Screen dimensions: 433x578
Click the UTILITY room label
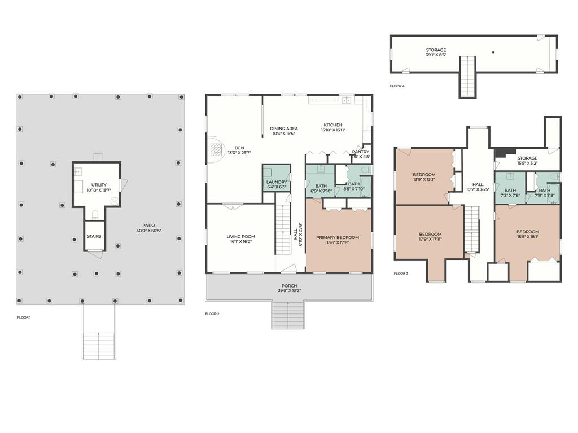pos(99,185)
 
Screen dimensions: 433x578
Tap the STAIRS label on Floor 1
pos(94,236)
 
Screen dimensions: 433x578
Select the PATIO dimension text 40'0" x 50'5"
pos(148,231)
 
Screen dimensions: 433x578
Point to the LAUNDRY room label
pos(277,182)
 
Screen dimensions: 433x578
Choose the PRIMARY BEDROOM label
pos(338,237)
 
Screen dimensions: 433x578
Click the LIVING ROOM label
pos(241,237)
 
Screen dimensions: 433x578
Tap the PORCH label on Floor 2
pos(289,286)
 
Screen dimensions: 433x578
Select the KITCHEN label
pos(332,125)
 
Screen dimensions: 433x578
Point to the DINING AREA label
pos(284,129)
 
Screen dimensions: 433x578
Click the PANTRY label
pos(360,152)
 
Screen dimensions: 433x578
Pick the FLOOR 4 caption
pos(397,86)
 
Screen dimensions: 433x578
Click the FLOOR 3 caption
pos(401,273)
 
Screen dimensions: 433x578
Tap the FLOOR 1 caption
pos(24,317)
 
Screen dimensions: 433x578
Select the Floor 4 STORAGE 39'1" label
pos(436,50)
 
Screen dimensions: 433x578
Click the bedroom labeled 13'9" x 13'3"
pos(424,175)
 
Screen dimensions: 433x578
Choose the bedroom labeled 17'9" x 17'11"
pos(430,234)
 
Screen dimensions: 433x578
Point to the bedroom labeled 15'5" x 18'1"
pos(527,232)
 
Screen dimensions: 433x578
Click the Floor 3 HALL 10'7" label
pos(478,184)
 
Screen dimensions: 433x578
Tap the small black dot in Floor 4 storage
pos(493,52)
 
